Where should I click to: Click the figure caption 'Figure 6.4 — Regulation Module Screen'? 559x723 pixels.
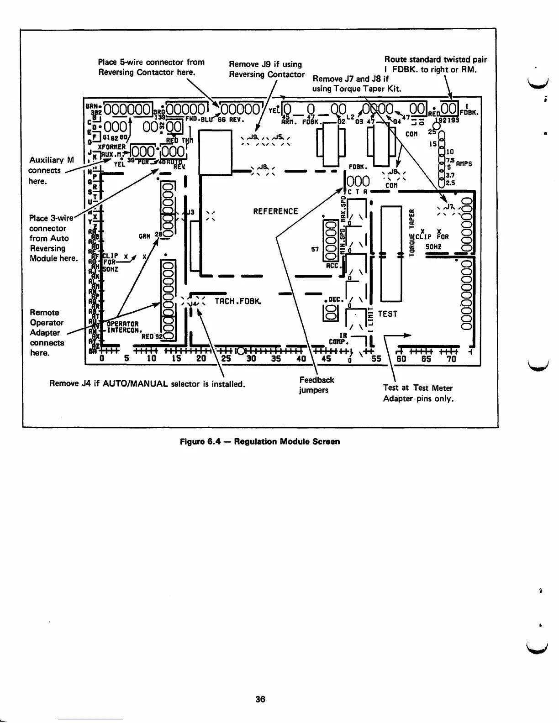tap(260, 441)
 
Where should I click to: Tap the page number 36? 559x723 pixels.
tap(260, 699)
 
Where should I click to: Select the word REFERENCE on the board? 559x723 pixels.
tap(275, 211)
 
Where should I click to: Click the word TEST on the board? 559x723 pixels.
tap(388, 314)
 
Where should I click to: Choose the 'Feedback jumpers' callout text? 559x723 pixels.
tap(316, 385)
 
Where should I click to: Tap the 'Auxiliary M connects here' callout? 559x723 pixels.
tap(51, 170)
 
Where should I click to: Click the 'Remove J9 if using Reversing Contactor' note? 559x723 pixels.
tap(267, 69)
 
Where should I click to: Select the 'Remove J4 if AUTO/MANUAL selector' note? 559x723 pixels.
tap(147, 384)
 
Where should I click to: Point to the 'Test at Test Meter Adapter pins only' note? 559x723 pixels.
tap(418, 393)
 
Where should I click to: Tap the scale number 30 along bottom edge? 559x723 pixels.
tap(251, 359)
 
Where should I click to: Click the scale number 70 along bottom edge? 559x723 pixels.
tap(451, 359)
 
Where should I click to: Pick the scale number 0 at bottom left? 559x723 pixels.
tap(102, 359)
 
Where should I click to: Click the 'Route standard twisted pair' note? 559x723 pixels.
tap(435, 65)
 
